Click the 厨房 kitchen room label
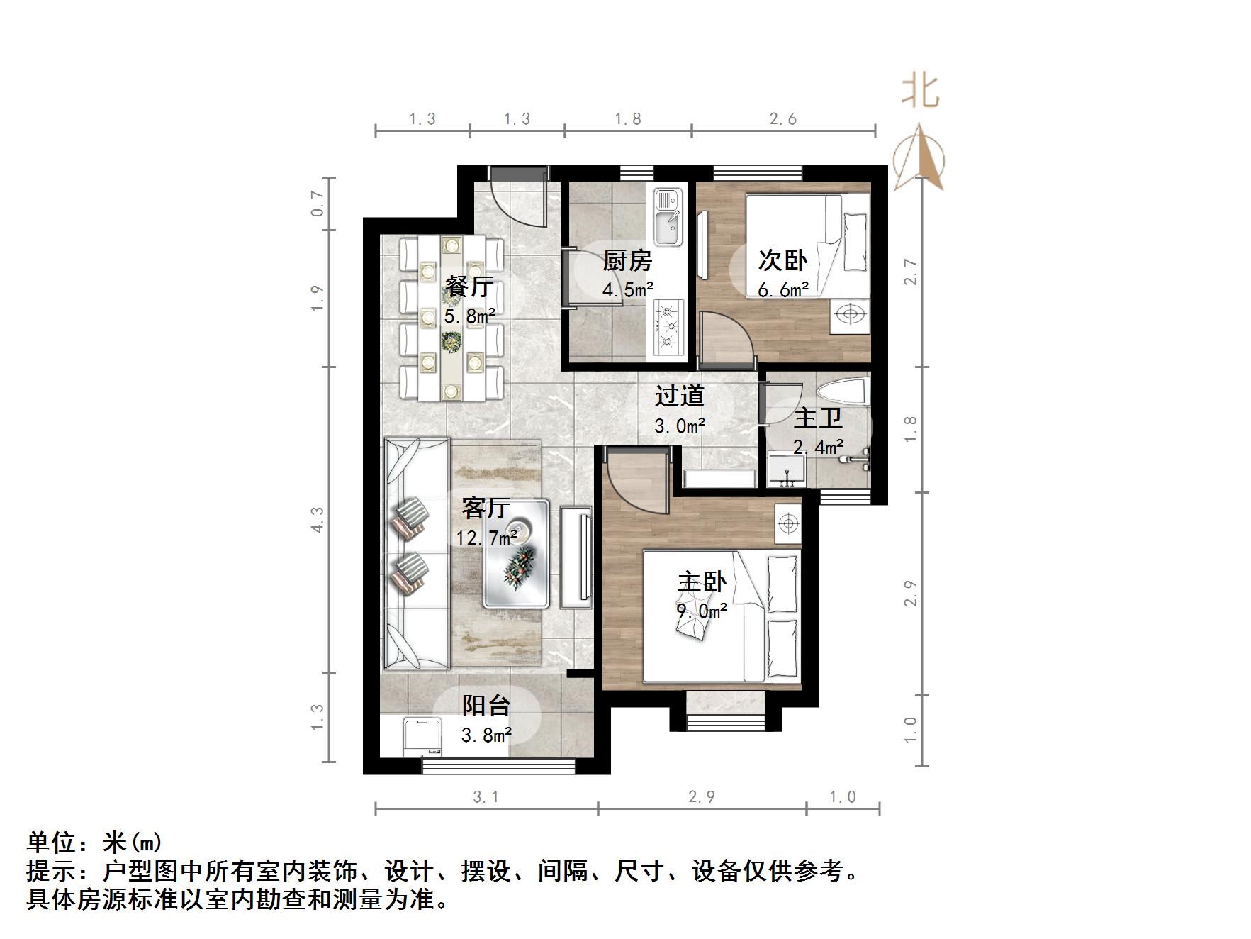(x=627, y=260)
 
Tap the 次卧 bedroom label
(x=783, y=260)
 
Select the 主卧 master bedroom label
(x=702, y=582)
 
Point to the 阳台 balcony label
(x=486, y=705)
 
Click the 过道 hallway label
(x=679, y=396)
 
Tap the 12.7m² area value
(x=486, y=538)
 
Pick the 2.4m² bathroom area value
(x=818, y=447)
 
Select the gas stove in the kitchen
(x=668, y=327)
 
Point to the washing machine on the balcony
(x=422, y=737)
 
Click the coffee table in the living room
(x=516, y=555)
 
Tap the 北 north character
(x=920, y=91)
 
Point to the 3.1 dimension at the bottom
(x=486, y=797)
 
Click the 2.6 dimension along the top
(x=783, y=119)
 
